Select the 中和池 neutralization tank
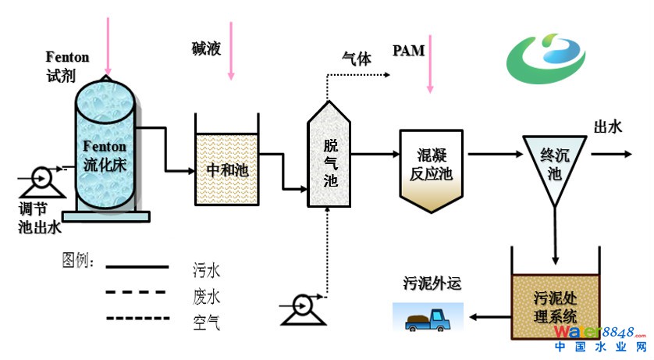226,168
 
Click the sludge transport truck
427,316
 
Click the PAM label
408,52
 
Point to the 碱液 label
207,49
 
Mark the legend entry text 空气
206,321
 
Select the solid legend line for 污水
137,267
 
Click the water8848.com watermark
601,335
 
